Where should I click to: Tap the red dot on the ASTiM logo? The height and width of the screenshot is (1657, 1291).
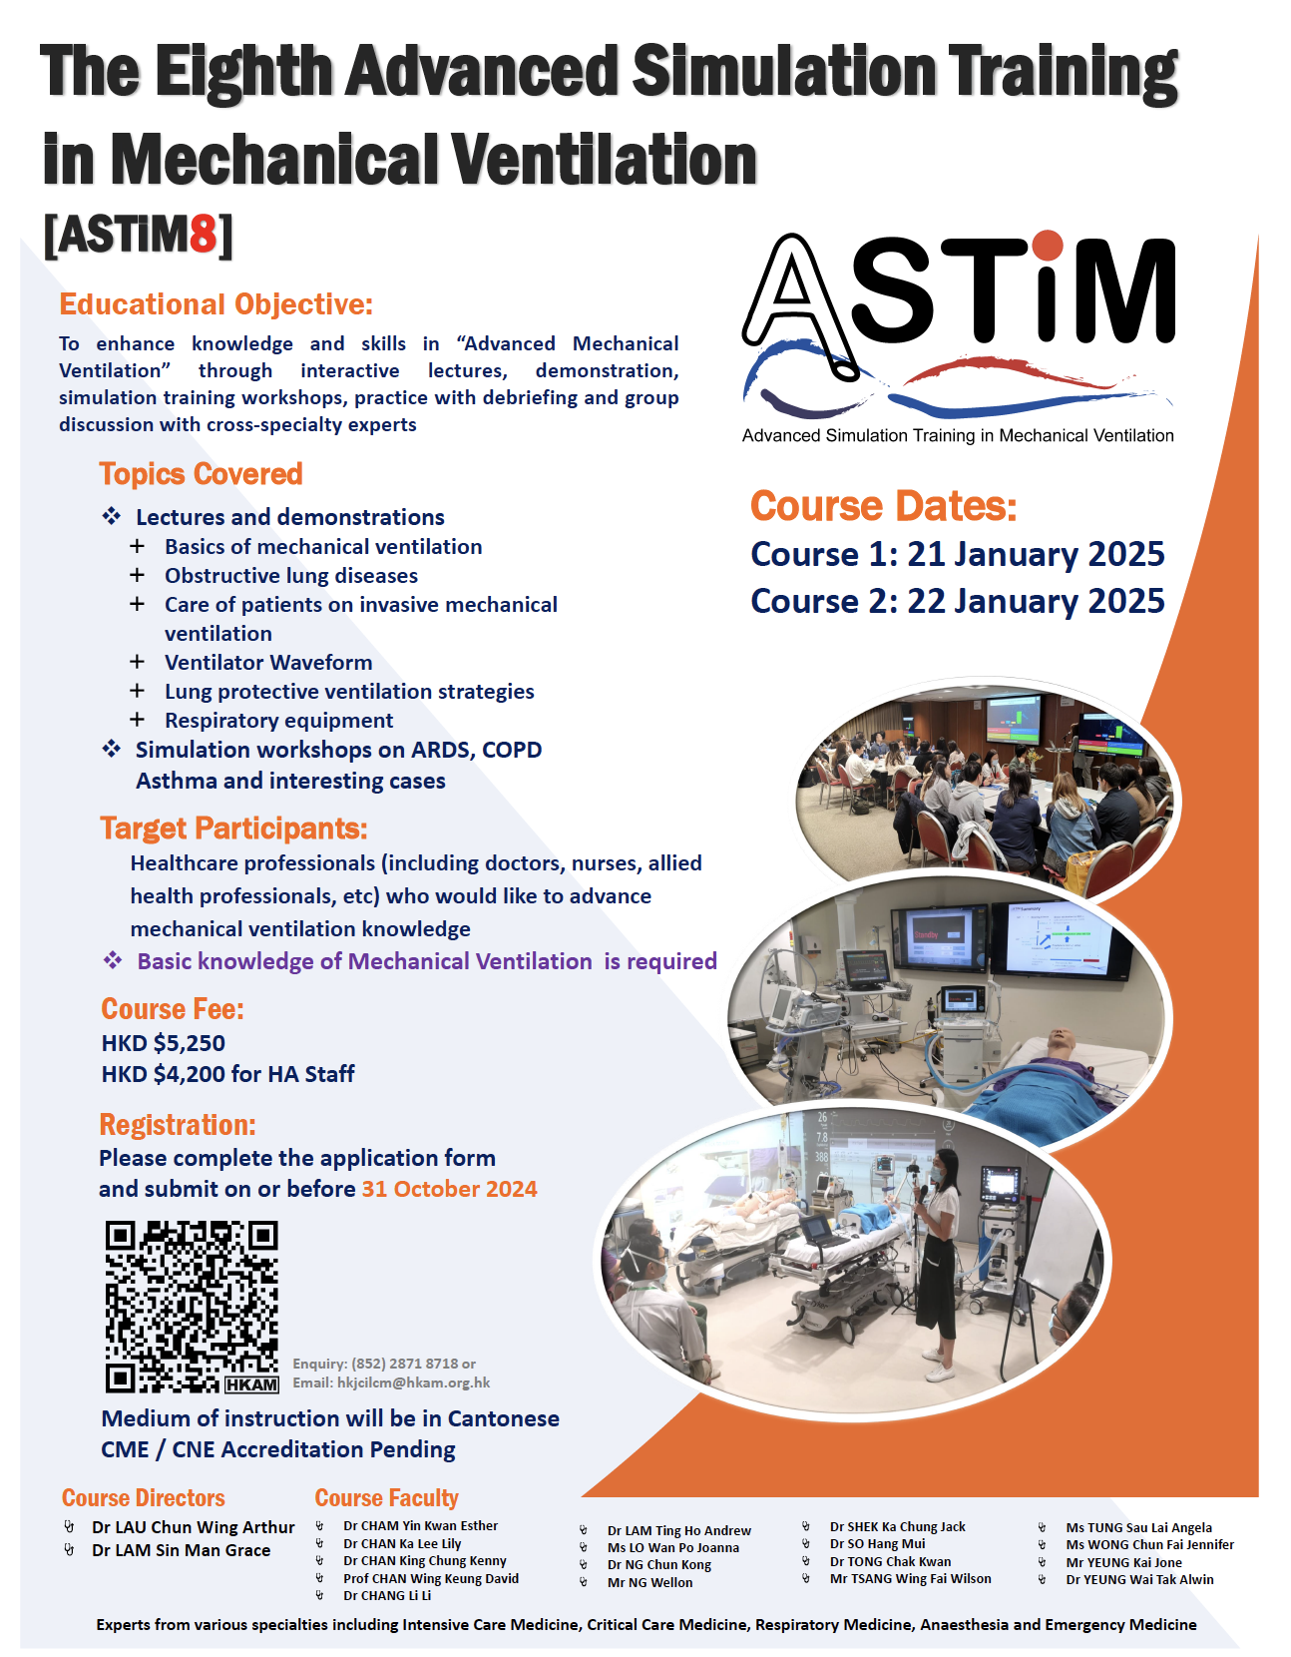coord(1049,246)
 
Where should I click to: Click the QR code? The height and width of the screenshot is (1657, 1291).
coord(192,1307)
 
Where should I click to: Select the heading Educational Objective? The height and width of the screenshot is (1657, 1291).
coord(216,303)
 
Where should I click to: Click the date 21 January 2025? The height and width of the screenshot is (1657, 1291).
coord(1036,554)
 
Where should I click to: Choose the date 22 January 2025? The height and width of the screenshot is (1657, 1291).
coord(1036,601)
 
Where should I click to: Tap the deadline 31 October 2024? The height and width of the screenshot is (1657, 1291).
coord(450,1189)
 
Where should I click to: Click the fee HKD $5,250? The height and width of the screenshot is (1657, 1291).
coord(163,1043)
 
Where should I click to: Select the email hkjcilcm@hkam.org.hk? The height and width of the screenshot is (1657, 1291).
coord(413,1382)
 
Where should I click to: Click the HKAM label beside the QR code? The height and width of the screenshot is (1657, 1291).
coord(251,1384)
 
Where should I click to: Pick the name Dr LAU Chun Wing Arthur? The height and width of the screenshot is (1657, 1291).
coord(193,1527)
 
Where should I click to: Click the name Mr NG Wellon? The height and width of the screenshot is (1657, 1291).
coord(650,1582)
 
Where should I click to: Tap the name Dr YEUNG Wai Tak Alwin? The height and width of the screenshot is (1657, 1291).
coord(1139,1579)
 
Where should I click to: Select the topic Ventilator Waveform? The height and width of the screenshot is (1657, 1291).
coord(268,662)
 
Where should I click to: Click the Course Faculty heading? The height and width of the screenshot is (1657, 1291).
coord(386,1497)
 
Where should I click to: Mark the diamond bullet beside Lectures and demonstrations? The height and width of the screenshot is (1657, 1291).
coord(112,516)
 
